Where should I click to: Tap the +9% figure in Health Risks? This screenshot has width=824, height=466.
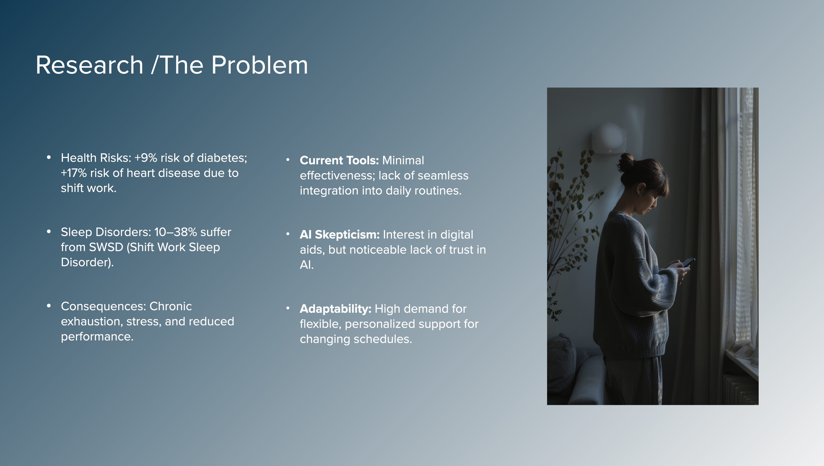[146, 158]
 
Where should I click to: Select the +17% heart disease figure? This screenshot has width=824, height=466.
[74, 173]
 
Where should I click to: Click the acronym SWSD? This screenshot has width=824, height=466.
[106, 247]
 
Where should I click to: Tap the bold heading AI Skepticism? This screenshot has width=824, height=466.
[340, 235]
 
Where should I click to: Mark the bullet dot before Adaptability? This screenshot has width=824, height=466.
[288, 308]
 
